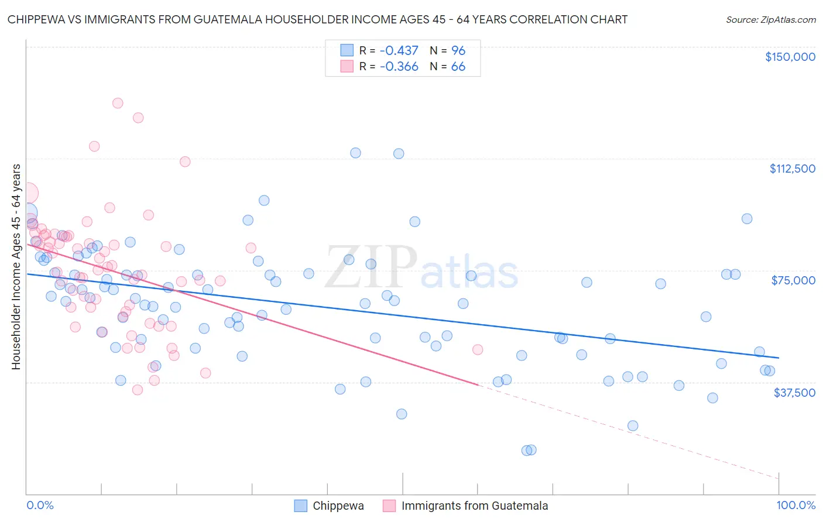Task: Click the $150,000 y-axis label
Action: [790, 57]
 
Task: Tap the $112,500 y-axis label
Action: [792, 169]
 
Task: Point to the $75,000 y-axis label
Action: [793, 280]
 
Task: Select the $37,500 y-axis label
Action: [794, 393]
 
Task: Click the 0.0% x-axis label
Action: [40, 505]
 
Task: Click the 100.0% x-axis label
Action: [795, 505]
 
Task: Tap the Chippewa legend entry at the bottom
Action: [338, 506]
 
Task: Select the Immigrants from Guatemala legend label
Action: [474, 506]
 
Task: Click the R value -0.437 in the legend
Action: [399, 51]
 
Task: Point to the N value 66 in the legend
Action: [458, 67]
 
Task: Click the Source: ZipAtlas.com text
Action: [770, 20]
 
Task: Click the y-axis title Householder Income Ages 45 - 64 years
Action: [16, 267]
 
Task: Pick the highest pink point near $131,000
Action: [118, 103]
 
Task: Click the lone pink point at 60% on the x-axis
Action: [478, 349]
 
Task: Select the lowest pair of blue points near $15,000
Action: [529, 450]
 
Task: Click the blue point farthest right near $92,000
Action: [747, 219]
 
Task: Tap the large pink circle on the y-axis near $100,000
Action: [27, 193]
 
